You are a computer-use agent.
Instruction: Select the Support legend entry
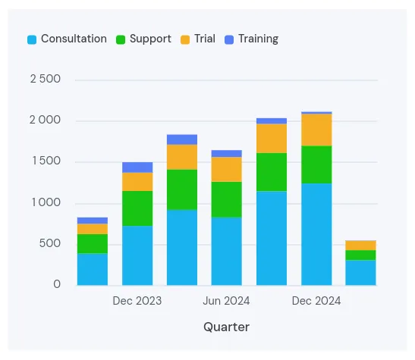pos(143,39)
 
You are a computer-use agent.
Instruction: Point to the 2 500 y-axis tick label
pos(46,80)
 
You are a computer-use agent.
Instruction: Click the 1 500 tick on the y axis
pos(46,161)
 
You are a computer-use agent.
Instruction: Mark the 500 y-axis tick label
pos(51,243)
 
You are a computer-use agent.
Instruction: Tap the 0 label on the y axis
pos(57,285)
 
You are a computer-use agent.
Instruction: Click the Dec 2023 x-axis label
pos(137,301)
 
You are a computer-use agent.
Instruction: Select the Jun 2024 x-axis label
pos(227,301)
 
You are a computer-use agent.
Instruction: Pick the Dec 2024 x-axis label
pos(316,301)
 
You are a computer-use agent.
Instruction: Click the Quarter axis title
pos(226,327)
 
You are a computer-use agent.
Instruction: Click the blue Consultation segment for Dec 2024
pos(316,234)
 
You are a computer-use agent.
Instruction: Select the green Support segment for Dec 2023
pos(137,208)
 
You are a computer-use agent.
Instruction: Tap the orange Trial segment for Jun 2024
pos(227,169)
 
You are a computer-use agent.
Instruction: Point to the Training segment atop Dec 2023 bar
pos(137,167)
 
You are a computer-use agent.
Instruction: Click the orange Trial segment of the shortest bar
pos(361,245)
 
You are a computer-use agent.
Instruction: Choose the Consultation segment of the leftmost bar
pos(93,269)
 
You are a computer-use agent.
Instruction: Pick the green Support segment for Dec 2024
pos(316,164)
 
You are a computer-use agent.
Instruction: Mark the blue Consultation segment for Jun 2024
pos(227,251)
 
